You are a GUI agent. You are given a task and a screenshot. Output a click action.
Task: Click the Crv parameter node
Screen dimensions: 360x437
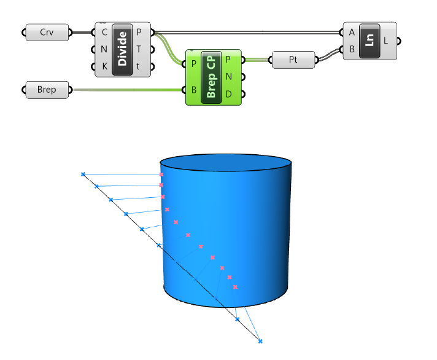coord(47,33)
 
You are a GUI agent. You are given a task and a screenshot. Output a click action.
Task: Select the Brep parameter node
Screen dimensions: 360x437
coord(47,90)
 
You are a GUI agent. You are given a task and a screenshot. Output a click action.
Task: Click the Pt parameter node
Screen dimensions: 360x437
coord(292,60)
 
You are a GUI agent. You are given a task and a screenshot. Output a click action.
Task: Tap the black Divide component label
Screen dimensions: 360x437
coord(122,50)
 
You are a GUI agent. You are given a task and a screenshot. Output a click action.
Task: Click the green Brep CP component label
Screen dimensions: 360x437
coord(212,77)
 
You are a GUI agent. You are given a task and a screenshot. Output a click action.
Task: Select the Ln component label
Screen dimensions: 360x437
coord(369,41)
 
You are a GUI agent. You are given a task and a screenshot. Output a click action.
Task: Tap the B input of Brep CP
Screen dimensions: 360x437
coord(193,90)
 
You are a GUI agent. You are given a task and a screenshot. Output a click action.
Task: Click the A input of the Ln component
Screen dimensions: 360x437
coord(351,33)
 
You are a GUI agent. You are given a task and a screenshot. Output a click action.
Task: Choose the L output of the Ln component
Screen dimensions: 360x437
coord(386,41)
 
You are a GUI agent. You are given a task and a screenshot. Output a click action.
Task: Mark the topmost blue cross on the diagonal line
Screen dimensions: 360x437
coord(83,174)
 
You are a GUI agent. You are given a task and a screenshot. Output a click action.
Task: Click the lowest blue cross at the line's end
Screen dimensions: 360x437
coord(260,341)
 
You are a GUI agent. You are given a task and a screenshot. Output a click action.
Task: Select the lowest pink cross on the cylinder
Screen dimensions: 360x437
coord(234,287)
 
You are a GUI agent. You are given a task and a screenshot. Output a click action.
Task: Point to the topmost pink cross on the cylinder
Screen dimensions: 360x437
coord(161,175)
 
